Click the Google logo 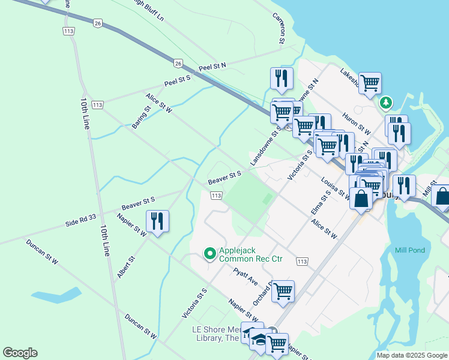point(20,353)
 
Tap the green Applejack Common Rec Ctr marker point(209,254)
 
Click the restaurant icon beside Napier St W point(157,221)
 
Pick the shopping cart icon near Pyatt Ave point(283,291)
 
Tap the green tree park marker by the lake point(385,103)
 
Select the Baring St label point(141,118)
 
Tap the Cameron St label point(279,28)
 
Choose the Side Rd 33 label point(81,220)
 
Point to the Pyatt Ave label point(246,277)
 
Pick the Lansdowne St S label point(265,146)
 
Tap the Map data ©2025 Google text point(412,355)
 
